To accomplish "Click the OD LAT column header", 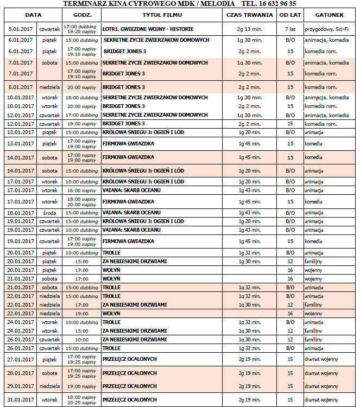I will pyautogui.click(x=290, y=15).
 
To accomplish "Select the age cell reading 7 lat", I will pyautogui.click(x=290, y=29).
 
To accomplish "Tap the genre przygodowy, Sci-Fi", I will pyautogui.click(x=326, y=29).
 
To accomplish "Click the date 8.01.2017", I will pyautogui.click(x=20, y=87).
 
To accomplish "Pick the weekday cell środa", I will pyautogui.click(x=49, y=213).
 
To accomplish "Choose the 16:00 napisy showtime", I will pyautogui.click(x=80, y=190).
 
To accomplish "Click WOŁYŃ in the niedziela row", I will pyautogui.click(x=111, y=313).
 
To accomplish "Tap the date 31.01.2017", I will pyautogui.click(x=20, y=400).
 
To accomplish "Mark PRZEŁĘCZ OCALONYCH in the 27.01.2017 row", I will pyautogui.click(x=130, y=359).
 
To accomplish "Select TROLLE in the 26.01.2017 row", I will pyautogui.click(x=111, y=348).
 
